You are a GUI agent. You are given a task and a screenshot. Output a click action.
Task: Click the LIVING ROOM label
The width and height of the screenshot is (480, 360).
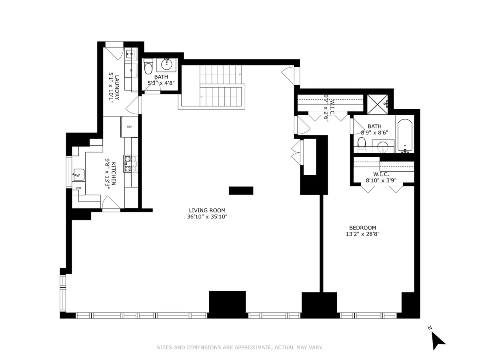coord(207,210)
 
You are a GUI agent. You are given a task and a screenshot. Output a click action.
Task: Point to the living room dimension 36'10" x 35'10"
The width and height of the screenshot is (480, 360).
coord(207,217)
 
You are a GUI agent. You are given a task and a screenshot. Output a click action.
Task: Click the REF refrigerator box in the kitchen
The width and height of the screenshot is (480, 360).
coord(129,127)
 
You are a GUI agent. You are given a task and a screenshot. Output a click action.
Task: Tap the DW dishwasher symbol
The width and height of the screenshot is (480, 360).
coord(78,188)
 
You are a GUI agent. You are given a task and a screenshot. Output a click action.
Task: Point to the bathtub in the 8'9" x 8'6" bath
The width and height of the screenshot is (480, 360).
coord(405,134)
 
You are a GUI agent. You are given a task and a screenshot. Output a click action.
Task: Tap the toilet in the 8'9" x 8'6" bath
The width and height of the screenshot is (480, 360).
coord(362,144)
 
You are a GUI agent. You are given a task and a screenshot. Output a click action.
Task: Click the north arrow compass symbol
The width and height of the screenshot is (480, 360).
coord(438,340)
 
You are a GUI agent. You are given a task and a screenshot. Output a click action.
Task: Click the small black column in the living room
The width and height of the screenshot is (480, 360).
coord(241,190)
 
